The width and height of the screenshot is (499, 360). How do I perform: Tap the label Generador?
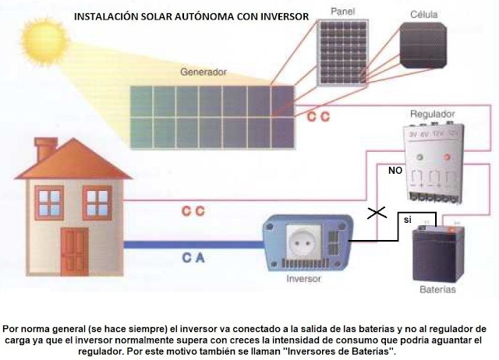pyautogui.click(x=203, y=72)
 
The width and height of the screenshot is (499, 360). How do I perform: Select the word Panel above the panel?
pyautogui.click(x=342, y=12)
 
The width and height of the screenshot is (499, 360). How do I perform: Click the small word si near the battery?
pyautogui.click(x=407, y=221)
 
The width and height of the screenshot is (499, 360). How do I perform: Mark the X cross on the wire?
pyautogui.click(x=379, y=213)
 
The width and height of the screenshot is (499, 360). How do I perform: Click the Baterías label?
pyautogui.click(x=437, y=291)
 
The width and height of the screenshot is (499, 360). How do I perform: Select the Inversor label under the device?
pyautogui.click(x=304, y=278)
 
